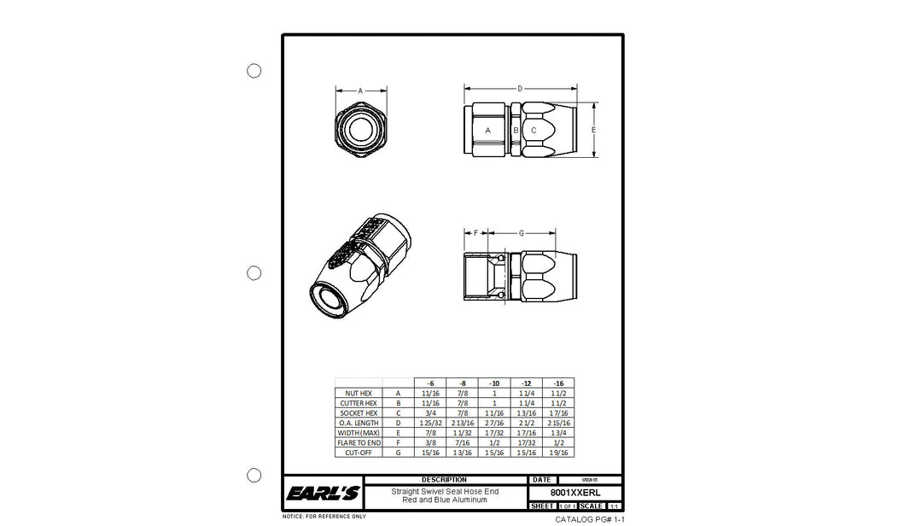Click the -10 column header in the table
[x=494, y=383]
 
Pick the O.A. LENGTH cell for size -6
[x=430, y=423]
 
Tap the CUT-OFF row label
[x=358, y=453]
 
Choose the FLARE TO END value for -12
[x=526, y=442]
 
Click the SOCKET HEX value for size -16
[x=558, y=412]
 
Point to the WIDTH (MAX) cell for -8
[x=462, y=433]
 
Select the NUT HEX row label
[x=358, y=393]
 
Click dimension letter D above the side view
[x=520, y=88]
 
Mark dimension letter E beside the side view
[x=593, y=130]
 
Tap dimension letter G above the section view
[x=521, y=232]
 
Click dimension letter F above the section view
[x=475, y=232]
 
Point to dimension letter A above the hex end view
[x=360, y=90]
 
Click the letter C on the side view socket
[x=534, y=131]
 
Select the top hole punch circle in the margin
[x=254, y=71]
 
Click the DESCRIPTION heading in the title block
[x=444, y=480]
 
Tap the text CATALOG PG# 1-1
[x=590, y=519]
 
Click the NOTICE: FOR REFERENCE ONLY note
[x=324, y=517]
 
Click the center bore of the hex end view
[x=360, y=131]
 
